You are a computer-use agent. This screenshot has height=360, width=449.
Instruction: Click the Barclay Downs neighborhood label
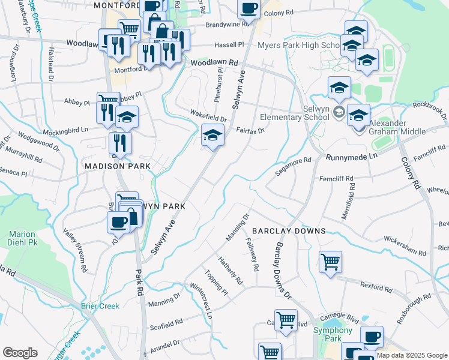[x=289, y=231]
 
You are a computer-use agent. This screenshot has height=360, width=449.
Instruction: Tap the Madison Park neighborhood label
[x=117, y=166]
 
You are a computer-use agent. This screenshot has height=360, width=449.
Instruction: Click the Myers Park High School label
[x=298, y=46]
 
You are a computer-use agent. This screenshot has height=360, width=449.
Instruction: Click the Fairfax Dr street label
[x=250, y=130]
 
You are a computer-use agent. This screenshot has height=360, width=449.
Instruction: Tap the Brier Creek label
[x=100, y=306]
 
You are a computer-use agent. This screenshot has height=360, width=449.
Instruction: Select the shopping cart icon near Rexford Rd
[x=330, y=262]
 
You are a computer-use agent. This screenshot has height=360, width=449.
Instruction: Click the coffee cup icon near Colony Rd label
[x=249, y=8]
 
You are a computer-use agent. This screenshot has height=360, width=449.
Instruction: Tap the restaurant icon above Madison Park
[x=120, y=143]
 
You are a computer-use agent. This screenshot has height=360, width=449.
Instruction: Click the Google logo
[x=20, y=353]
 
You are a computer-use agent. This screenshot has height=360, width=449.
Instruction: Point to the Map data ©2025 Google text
[x=412, y=356]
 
